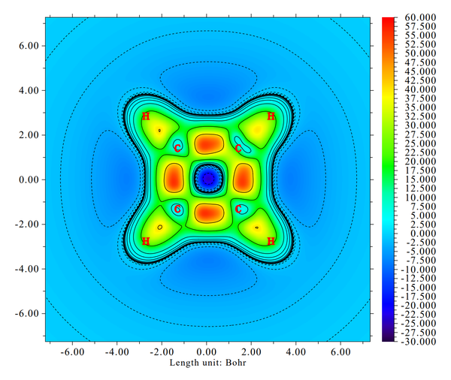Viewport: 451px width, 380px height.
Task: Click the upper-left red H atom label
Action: (146, 116)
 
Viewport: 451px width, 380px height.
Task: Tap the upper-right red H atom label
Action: (271, 116)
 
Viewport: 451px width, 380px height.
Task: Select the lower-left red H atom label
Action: (146, 241)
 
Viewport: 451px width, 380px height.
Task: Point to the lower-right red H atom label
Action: (271, 241)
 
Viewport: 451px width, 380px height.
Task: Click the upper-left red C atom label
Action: (177, 149)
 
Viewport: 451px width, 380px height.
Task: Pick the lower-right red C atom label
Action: (239, 209)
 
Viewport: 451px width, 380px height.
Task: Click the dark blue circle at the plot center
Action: (207, 179)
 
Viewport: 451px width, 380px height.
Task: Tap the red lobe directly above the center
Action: (207, 143)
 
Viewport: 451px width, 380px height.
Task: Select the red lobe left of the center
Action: (173, 179)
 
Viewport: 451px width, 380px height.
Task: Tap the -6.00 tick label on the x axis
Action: (72, 351)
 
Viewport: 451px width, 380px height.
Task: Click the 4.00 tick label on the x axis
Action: (295, 351)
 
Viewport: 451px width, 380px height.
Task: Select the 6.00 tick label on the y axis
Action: (26, 46)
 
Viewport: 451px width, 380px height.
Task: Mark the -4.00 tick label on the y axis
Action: (24, 269)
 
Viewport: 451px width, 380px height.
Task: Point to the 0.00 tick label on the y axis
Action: (26, 179)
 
